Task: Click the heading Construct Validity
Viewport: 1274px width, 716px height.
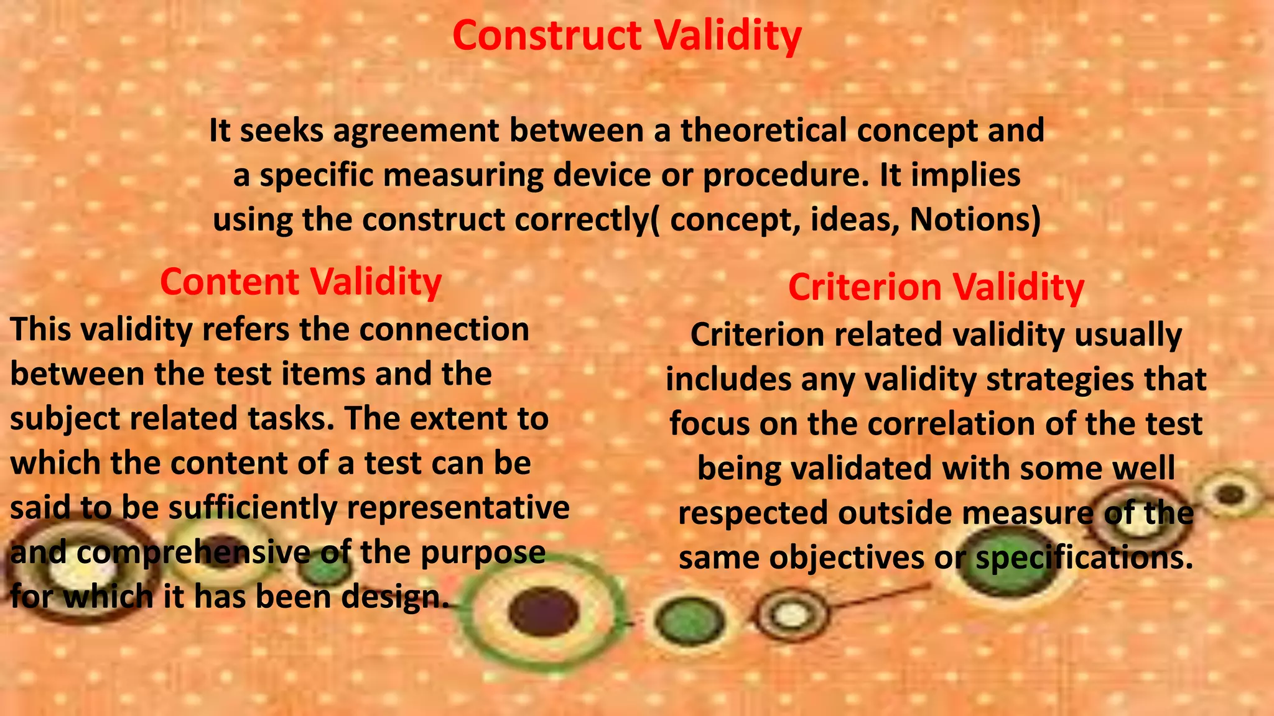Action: (x=626, y=35)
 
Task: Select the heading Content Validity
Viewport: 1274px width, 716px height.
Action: (x=300, y=282)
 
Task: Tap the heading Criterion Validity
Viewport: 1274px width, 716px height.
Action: (x=936, y=287)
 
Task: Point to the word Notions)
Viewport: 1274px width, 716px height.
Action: (x=975, y=219)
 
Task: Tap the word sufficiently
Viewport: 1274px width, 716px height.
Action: (x=252, y=507)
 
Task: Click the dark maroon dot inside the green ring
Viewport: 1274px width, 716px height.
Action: (x=543, y=611)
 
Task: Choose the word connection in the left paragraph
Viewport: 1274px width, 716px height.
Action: (x=444, y=329)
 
